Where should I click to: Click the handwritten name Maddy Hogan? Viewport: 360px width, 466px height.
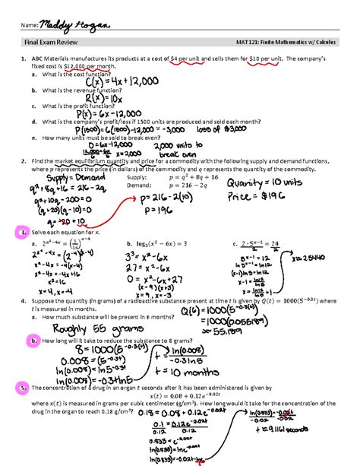77,27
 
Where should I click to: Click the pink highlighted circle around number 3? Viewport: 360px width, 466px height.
24,231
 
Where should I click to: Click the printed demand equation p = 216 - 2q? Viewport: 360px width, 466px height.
232,185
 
